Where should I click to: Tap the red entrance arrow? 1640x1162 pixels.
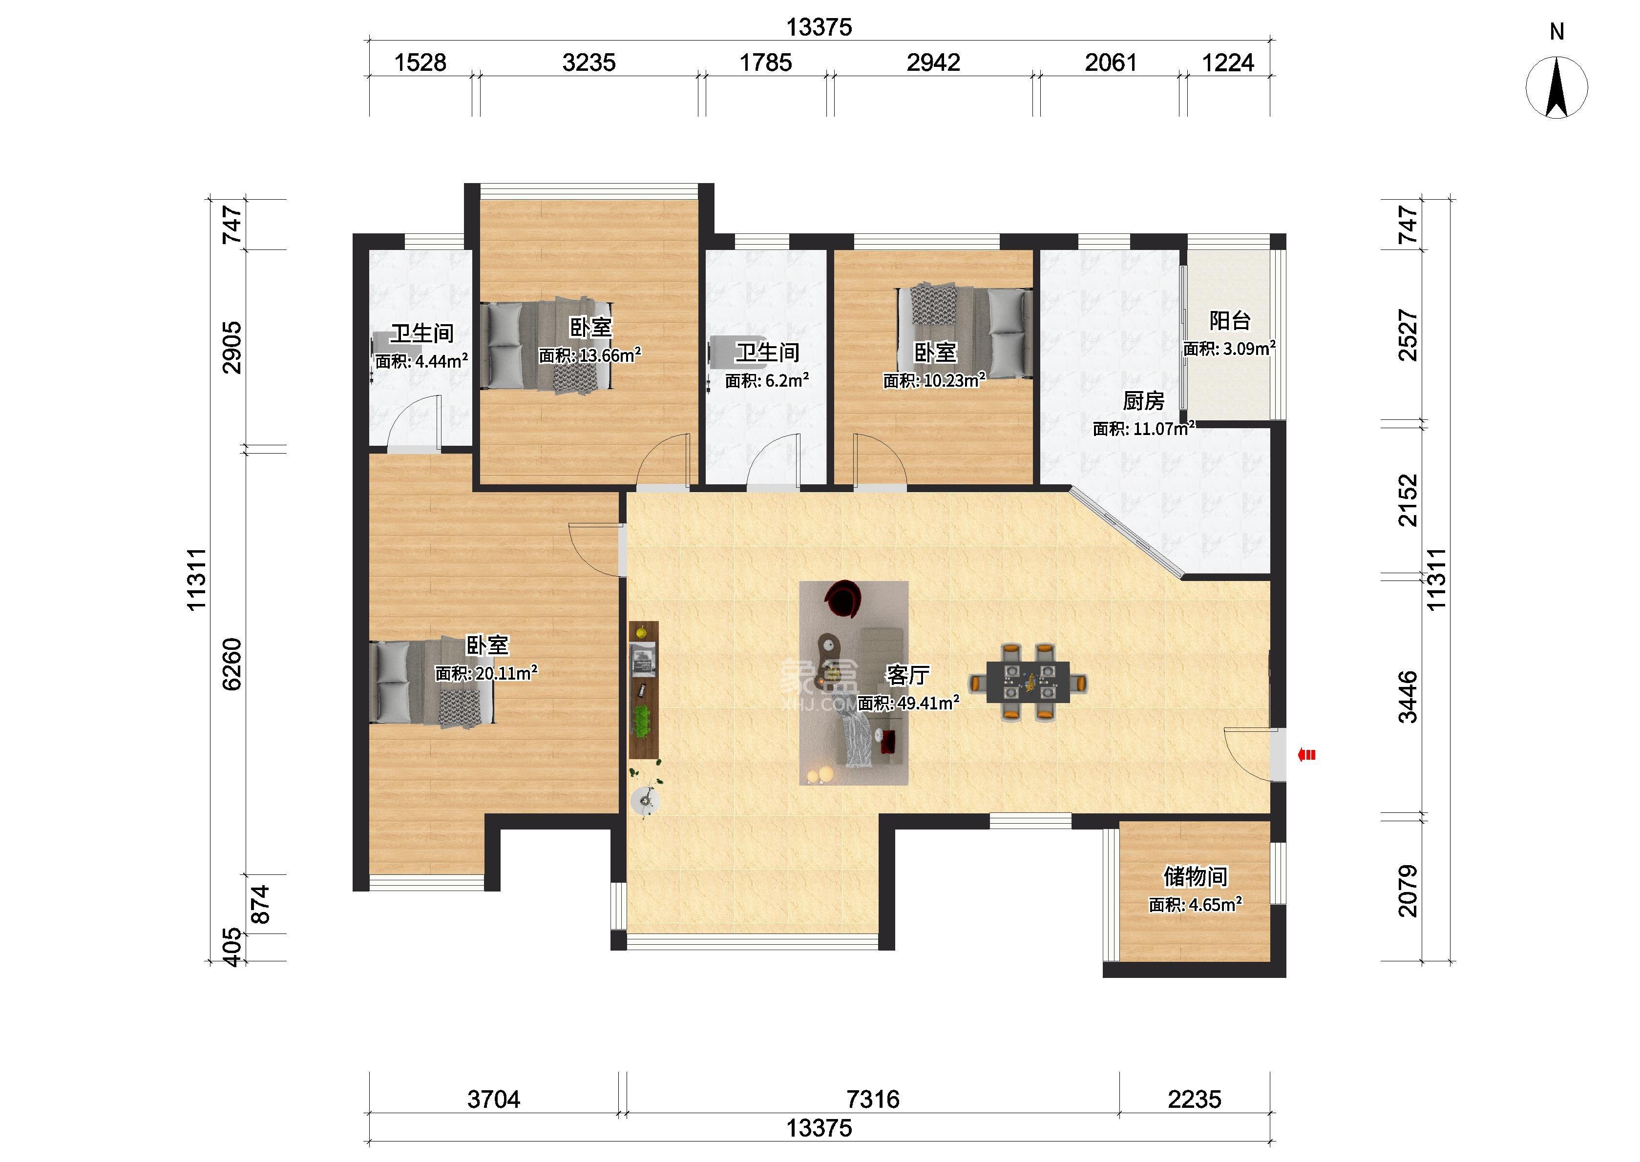(x=1306, y=754)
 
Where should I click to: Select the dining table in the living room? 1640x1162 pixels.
(x=1028, y=683)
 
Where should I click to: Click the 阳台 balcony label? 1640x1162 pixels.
(x=1229, y=321)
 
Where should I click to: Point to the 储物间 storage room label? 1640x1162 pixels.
(x=1195, y=876)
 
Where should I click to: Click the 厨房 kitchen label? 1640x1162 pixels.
(x=1143, y=401)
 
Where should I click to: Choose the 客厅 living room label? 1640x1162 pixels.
(x=907, y=675)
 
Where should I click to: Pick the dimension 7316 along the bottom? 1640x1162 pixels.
(x=872, y=1099)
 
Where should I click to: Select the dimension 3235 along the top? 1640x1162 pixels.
(x=589, y=63)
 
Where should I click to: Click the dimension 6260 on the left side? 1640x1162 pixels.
(x=232, y=664)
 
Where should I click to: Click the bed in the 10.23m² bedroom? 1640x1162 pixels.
(x=965, y=332)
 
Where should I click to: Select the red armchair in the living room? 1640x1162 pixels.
(x=844, y=598)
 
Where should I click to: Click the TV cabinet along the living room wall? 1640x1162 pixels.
(x=643, y=690)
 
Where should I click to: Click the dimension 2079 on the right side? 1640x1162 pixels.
(x=1407, y=891)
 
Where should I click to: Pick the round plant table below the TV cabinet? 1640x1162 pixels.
(x=646, y=800)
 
